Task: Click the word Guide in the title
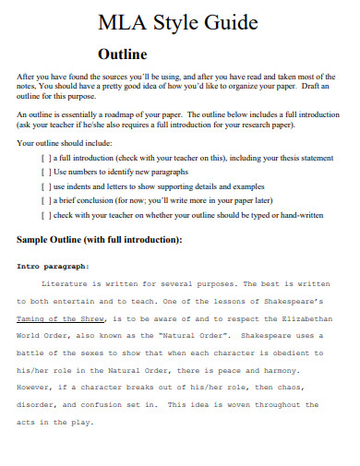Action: (x=230, y=22)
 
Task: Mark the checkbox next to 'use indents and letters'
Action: (x=46, y=188)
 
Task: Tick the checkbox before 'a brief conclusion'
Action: (x=46, y=202)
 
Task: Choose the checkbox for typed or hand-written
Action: (x=46, y=216)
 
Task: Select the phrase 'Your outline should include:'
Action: (x=64, y=144)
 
